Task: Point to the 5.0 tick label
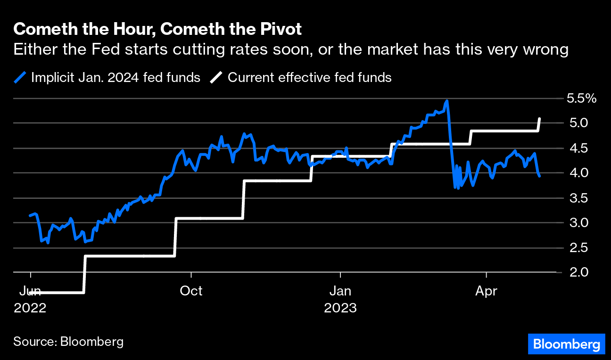tap(575, 123)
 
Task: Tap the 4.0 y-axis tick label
tap(575, 173)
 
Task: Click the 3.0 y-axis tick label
tap(575, 222)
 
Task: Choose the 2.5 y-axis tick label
tap(575, 247)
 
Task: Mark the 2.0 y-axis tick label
tap(575, 272)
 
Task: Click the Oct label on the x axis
tap(191, 291)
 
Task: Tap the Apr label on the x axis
tap(486, 291)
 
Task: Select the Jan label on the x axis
tap(340, 291)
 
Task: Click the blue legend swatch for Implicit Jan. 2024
tap(20, 77)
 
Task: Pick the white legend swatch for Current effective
tap(216, 77)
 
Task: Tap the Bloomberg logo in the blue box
tap(566, 344)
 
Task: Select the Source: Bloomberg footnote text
tap(68, 342)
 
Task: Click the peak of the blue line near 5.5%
tap(446, 101)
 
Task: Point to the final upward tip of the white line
tap(539, 119)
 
